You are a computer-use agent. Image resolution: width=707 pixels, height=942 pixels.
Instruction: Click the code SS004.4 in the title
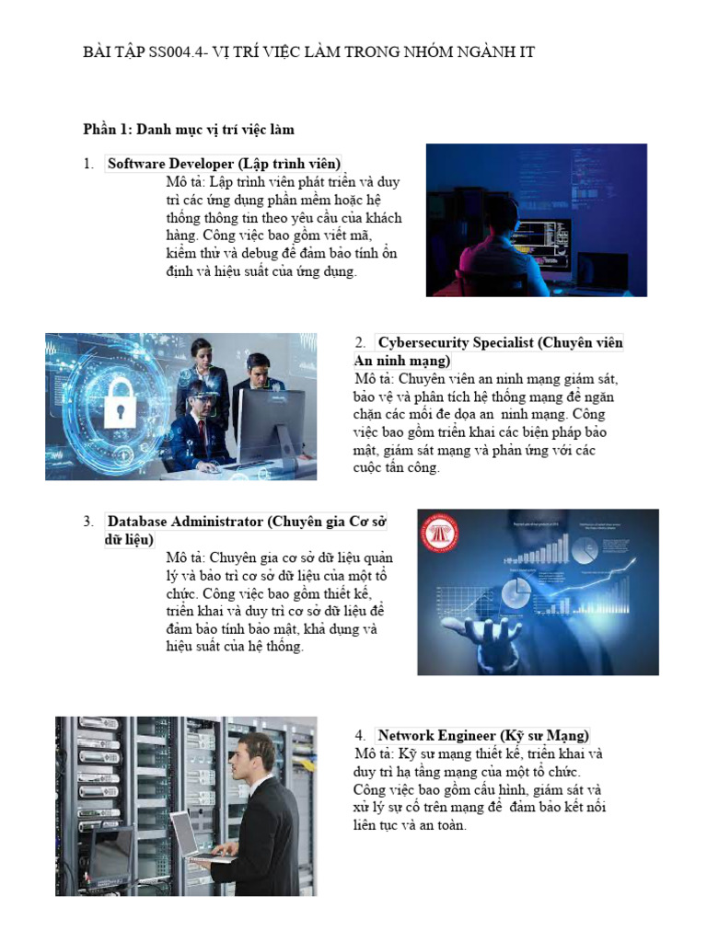[x=176, y=52]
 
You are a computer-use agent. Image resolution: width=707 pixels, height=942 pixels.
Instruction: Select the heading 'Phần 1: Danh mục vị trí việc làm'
[x=189, y=129]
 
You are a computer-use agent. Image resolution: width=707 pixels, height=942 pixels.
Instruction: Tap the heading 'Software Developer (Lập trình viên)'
[x=225, y=164]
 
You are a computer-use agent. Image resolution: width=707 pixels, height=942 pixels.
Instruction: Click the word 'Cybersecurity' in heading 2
[x=423, y=342]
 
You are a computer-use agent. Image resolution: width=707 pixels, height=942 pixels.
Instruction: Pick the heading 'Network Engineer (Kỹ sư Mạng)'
[x=483, y=735]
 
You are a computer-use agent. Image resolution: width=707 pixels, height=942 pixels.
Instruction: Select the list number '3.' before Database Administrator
[x=88, y=522]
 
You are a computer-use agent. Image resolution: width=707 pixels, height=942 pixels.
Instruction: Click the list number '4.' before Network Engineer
[x=360, y=736]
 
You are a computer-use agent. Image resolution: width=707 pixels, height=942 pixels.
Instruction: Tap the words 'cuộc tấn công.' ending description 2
[x=397, y=467]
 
